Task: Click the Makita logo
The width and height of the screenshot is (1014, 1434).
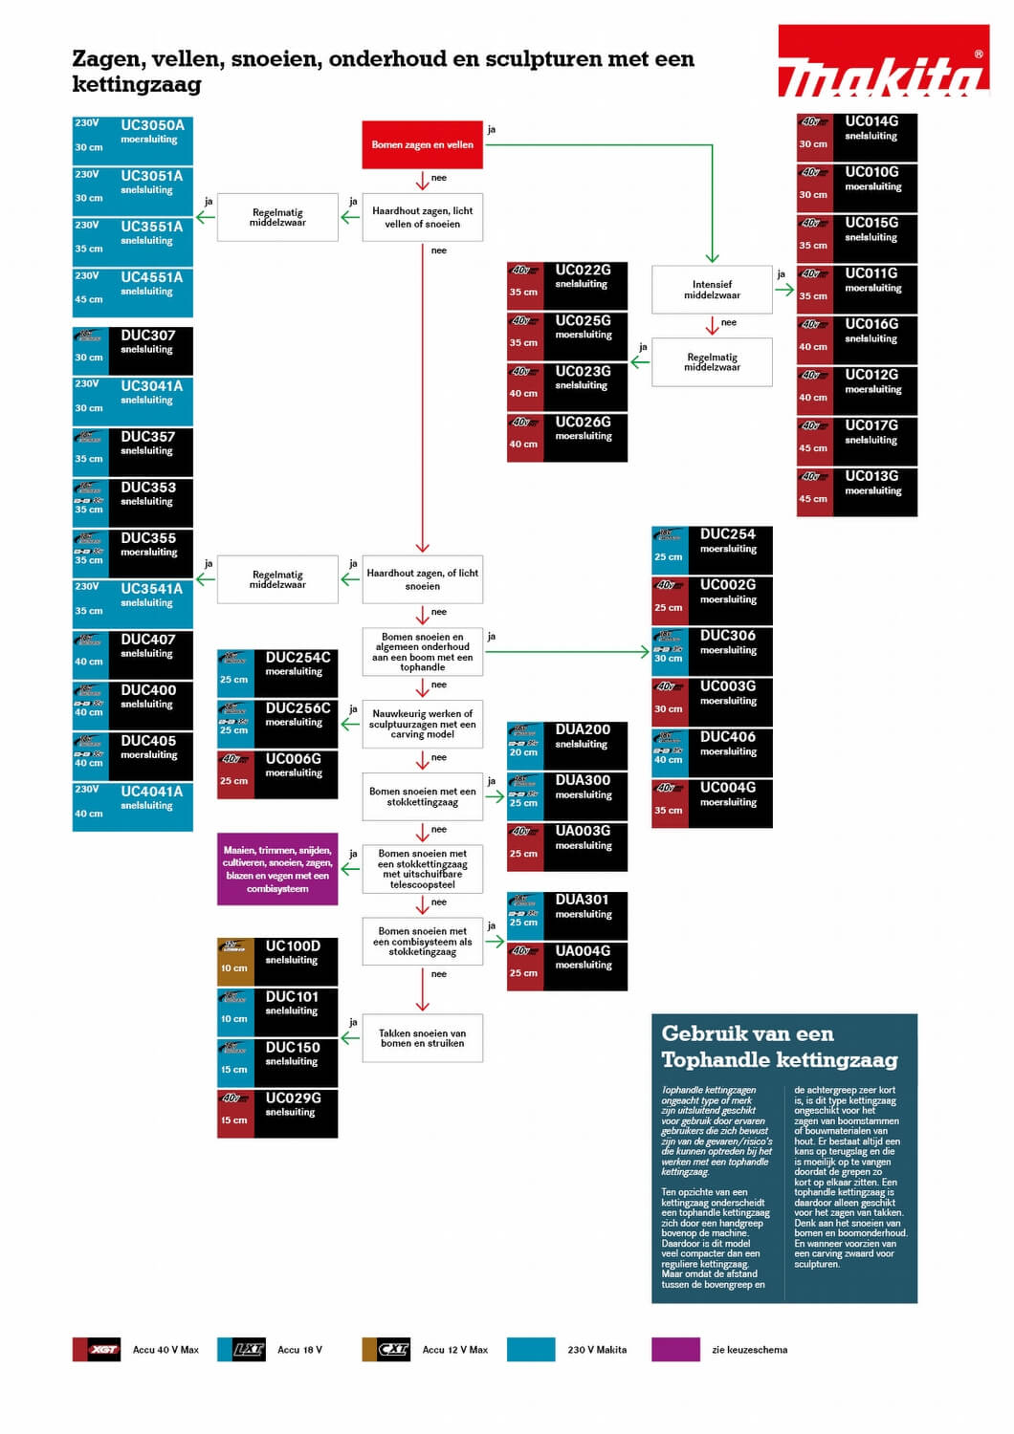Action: (x=883, y=62)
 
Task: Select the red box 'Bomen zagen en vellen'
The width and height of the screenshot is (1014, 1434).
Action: (x=422, y=145)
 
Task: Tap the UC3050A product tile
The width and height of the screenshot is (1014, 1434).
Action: (x=133, y=141)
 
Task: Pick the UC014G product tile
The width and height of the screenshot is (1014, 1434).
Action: (x=856, y=138)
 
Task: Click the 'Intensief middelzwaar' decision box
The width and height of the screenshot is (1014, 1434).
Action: (x=712, y=290)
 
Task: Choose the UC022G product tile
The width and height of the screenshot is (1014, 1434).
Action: (x=567, y=285)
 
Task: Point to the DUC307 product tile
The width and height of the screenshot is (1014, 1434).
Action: (x=133, y=351)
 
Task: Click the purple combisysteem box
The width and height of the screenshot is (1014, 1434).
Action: (x=277, y=869)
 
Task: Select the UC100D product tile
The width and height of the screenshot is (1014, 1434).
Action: (x=277, y=962)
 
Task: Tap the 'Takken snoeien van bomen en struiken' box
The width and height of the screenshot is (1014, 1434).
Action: (x=422, y=1038)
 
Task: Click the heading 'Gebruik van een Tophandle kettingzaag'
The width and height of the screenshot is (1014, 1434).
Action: (x=779, y=1047)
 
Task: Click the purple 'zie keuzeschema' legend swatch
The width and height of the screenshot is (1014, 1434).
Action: (x=675, y=1349)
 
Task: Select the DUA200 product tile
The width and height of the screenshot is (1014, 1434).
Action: (x=567, y=746)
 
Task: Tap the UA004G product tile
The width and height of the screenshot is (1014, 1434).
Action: (x=567, y=966)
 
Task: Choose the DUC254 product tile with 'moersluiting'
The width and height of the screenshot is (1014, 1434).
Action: (x=712, y=550)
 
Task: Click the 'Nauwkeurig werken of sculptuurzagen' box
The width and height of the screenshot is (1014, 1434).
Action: (x=422, y=724)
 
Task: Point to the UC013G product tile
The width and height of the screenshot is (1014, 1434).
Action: (x=856, y=492)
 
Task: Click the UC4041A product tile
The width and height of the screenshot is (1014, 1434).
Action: (x=133, y=807)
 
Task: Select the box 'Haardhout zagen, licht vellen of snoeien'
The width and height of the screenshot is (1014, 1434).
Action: (x=422, y=217)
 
